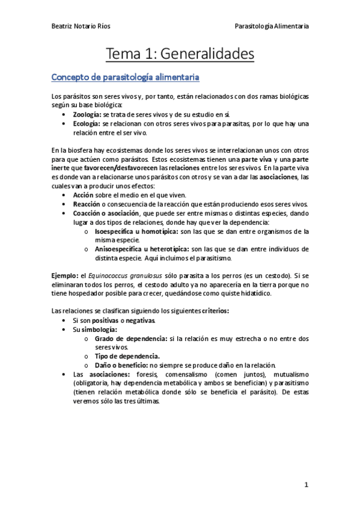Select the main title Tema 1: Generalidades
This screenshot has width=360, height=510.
click(180, 54)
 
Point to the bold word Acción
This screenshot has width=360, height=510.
click(84, 195)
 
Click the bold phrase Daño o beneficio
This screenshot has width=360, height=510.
click(121, 365)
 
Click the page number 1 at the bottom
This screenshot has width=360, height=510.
click(306, 484)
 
